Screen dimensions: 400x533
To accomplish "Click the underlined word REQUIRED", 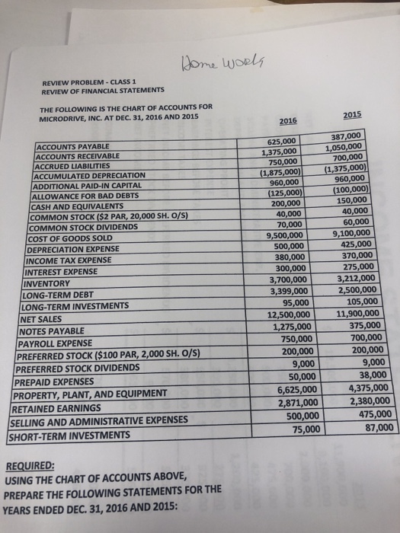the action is [x=34, y=464].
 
